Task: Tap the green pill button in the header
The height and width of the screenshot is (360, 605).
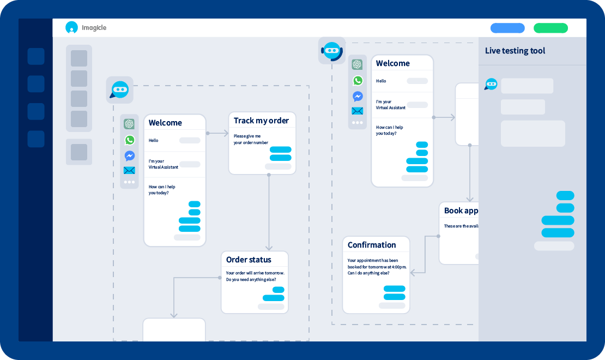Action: point(550,28)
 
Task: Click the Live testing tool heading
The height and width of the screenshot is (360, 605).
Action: point(515,51)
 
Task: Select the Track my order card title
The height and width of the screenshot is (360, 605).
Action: point(261,121)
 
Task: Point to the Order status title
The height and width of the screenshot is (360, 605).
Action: point(249,260)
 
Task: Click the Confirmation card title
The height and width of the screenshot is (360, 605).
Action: point(372,245)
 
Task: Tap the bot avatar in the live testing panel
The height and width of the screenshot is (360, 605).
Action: point(491,84)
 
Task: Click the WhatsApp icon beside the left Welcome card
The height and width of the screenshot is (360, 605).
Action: point(129,140)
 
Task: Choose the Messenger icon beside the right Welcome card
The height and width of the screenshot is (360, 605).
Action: point(357,96)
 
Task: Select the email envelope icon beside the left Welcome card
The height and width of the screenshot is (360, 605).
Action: point(129,171)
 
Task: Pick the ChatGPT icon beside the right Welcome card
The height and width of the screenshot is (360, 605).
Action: point(357,64)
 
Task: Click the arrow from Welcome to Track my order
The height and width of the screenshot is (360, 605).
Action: point(218,133)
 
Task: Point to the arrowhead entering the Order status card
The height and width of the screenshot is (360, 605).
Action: point(269,248)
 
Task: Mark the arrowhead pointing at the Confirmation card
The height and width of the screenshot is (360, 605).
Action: point(413,272)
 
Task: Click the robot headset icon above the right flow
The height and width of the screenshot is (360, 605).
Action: point(332,51)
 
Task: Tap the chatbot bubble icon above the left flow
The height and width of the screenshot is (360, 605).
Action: point(119,89)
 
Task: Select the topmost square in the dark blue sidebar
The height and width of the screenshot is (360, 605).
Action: point(36,56)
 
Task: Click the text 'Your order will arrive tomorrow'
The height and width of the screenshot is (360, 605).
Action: point(255,273)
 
